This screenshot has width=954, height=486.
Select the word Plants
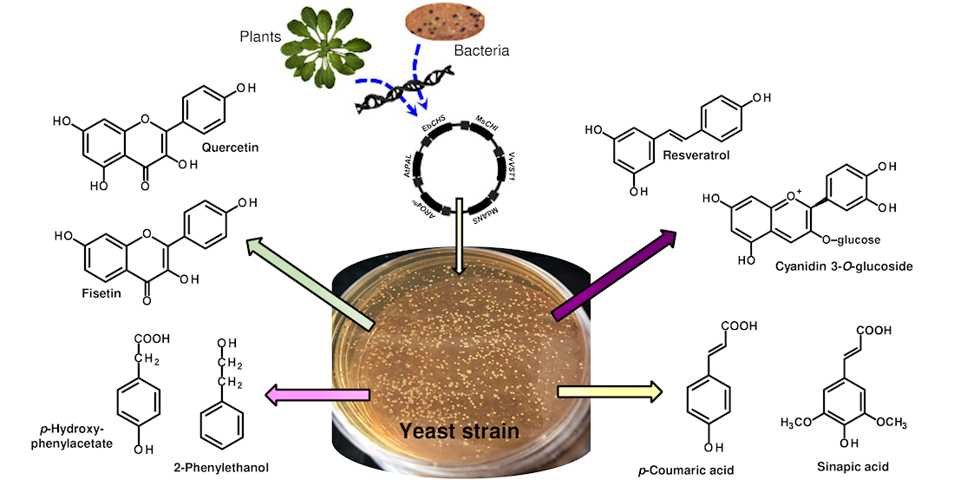261,36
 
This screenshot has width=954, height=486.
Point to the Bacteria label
481,51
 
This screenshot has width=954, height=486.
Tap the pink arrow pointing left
317,396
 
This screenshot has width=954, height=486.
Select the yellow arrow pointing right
608,392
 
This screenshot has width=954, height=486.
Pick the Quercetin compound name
230,147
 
